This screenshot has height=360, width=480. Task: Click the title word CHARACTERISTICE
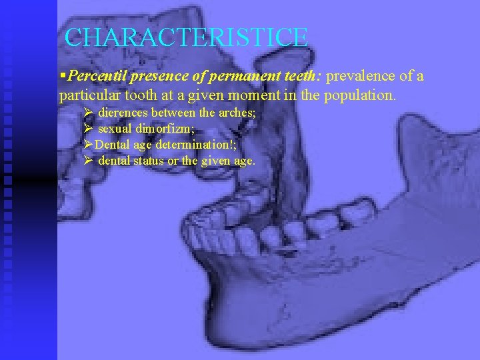(x=187, y=37)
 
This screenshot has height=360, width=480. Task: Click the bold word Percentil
(x=94, y=76)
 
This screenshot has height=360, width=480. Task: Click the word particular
(x=88, y=95)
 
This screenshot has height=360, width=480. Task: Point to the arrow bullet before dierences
(x=88, y=113)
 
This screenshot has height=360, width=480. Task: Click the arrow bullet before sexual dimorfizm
(x=88, y=129)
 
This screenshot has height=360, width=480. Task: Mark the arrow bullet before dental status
(x=88, y=161)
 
